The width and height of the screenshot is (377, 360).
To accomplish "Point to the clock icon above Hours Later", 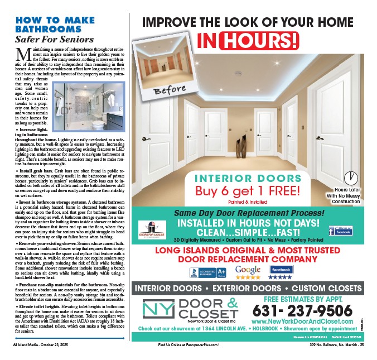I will [351, 178].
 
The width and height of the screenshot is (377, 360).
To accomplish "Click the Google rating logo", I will [248, 272].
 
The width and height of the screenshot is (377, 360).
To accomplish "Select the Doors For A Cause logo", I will [154, 229].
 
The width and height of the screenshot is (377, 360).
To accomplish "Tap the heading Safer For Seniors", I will [54, 40].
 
